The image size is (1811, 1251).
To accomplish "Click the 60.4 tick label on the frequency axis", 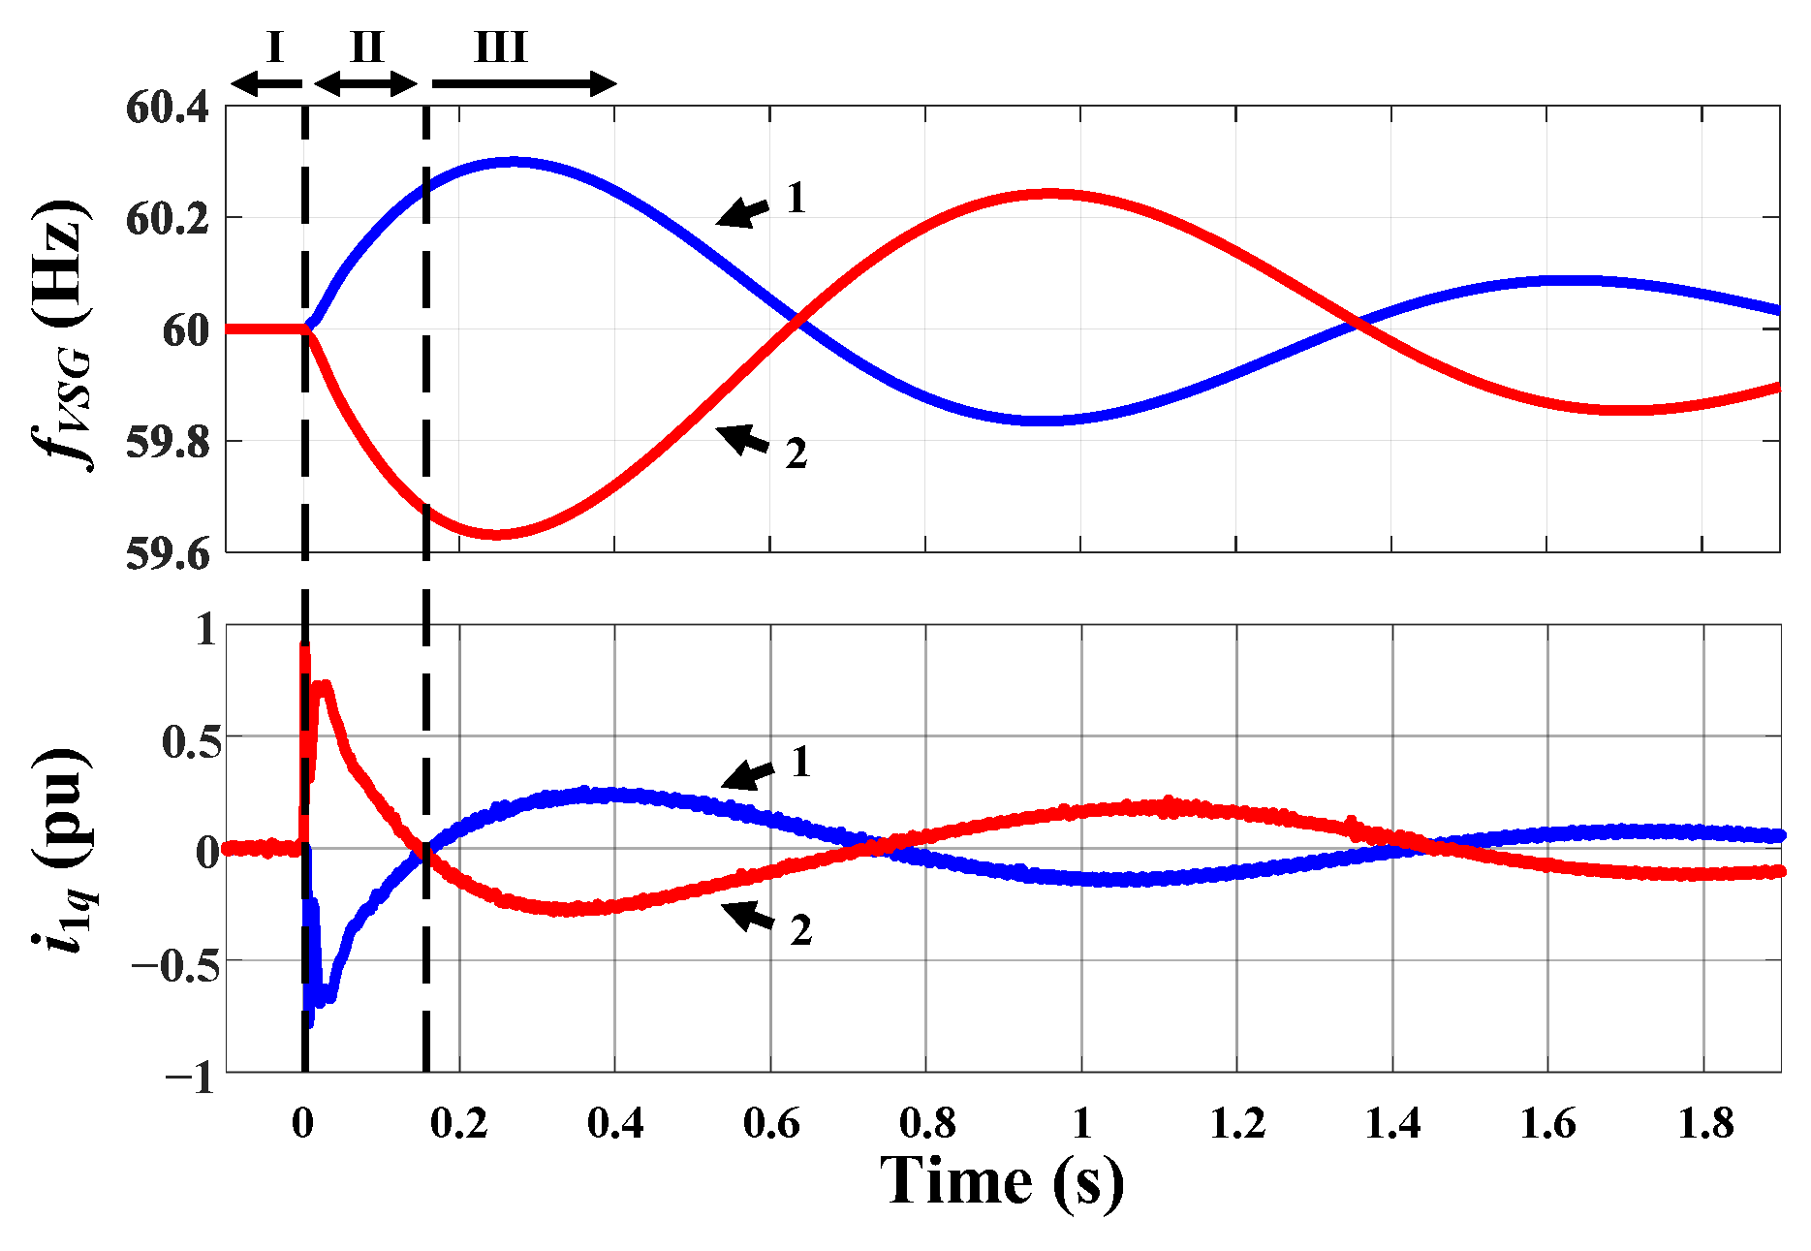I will coord(167,107).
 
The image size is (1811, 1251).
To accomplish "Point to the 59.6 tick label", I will coord(167,554).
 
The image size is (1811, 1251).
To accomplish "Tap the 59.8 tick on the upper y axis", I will coord(167,443).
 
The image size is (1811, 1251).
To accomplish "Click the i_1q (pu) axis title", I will coord(60,850).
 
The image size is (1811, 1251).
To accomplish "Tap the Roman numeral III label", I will coord(501,47).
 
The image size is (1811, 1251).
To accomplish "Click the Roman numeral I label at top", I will coord(274,47).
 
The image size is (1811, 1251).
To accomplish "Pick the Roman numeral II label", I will coord(367,47).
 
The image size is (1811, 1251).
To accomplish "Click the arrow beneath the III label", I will coord(523,84).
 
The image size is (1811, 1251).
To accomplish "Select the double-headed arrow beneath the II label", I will coord(366,84).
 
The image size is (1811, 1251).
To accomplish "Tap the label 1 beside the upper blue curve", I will coord(796,199).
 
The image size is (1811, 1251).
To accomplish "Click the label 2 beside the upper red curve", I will coord(796,453).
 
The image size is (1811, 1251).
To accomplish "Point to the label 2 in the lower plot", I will coord(800,930).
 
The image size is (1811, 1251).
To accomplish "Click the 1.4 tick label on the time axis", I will coord(1392,1124).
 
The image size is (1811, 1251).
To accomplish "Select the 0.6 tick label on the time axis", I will coord(770,1124).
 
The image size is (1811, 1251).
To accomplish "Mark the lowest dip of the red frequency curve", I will coord(496,534).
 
